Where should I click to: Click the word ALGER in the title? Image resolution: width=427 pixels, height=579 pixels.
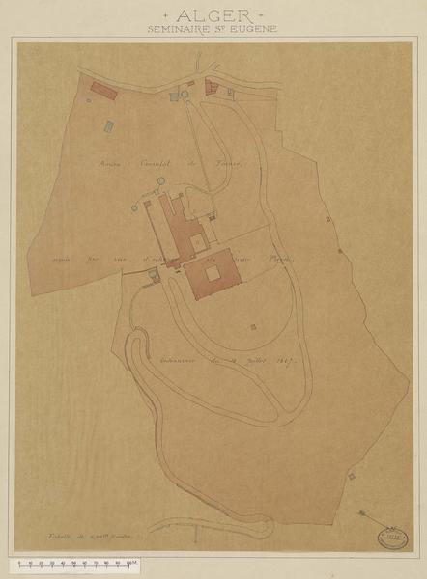(x=213, y=16)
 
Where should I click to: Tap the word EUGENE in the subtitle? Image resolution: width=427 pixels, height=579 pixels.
(x=255, y=30)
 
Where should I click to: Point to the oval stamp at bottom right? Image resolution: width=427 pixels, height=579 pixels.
(x=391, y=533)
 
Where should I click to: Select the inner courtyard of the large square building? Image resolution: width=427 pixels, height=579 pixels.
(x=213, y=271)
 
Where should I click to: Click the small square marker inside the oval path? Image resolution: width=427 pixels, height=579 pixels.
(x=254, y=327)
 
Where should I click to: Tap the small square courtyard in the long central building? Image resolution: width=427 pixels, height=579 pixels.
(x=196, y=239)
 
